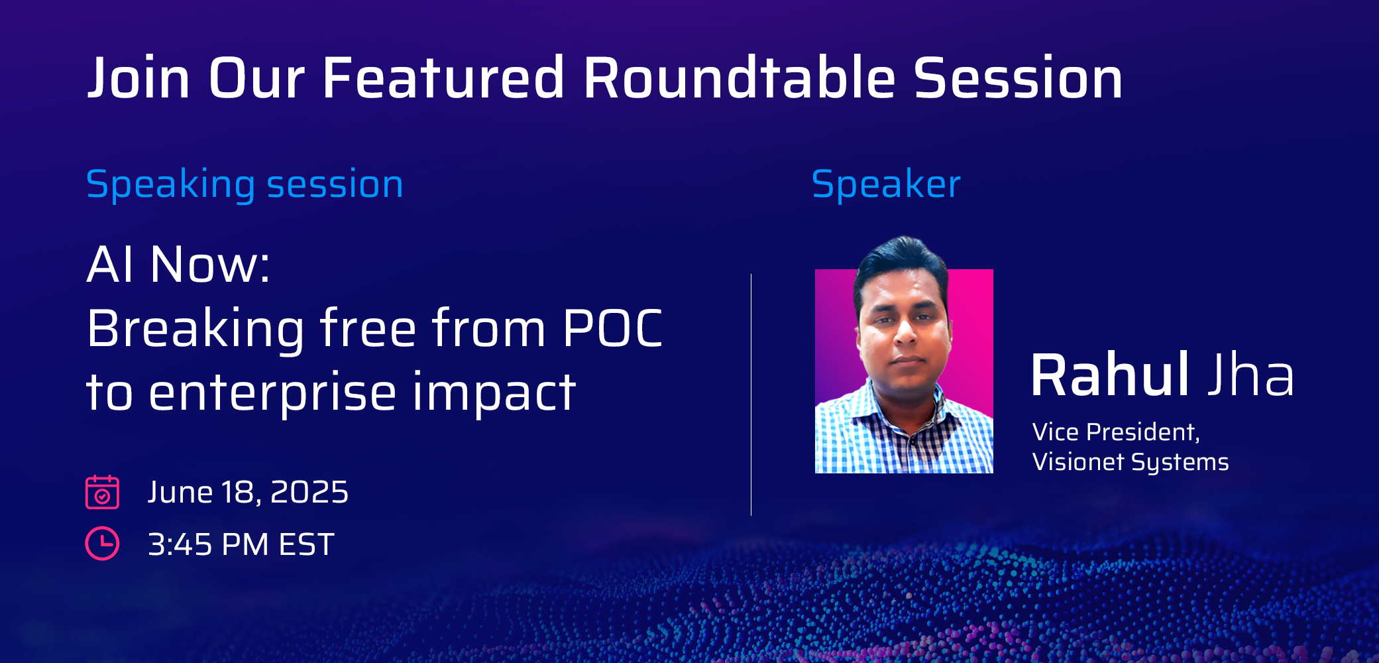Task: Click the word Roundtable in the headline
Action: tap(740, 78)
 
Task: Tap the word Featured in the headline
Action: tap(443, 78)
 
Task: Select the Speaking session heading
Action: tap(245, 185)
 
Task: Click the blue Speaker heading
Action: tap(886, 184)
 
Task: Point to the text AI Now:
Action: tap(178, 265)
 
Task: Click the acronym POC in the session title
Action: tap(612, 328)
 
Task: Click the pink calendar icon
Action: tap(102, 492)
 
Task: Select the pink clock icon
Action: tap(102, 544)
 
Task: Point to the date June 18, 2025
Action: tap(248, 492)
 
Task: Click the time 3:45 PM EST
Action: tap(241, 544)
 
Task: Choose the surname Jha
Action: tap(1250, 375)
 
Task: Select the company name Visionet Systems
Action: tap(1131, 462)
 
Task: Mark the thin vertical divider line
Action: tap(751, 394)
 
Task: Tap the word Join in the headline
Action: tap(139, 78)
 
